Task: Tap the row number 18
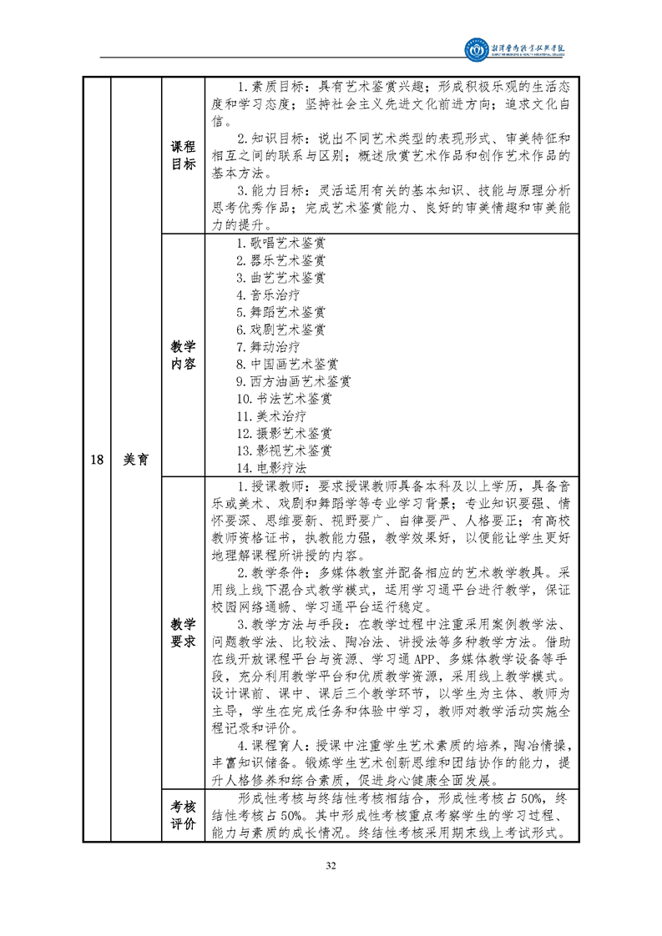tap(97, 458)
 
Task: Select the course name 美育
tap(136, 458)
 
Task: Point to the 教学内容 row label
tap(183, 355)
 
